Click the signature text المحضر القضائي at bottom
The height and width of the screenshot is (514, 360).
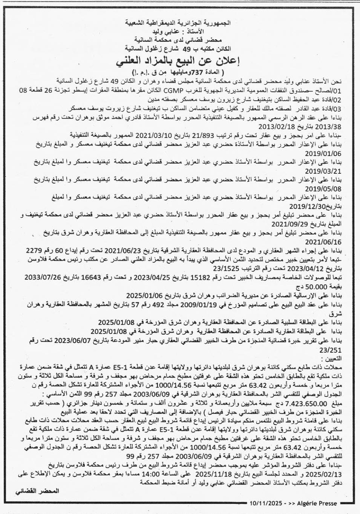click(x=37, y=492)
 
